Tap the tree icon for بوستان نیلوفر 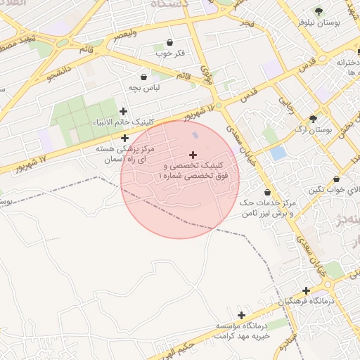[319, 11]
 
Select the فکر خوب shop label [169, 53]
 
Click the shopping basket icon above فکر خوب [169, 43]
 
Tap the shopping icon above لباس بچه [144, 77]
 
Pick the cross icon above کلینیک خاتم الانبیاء [124, 111]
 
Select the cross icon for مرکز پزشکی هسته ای [124, 138]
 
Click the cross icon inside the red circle [193, 155]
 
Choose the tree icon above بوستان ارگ [313, 119]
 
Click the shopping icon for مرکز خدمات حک [267, 192]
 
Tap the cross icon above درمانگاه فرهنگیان [306, 290]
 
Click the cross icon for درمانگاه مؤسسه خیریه [242, 316]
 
